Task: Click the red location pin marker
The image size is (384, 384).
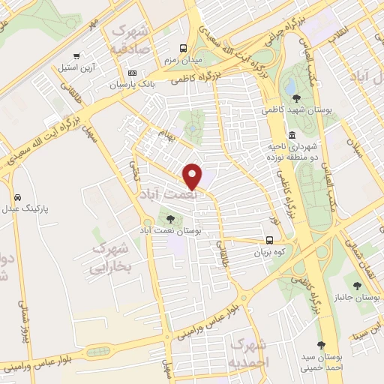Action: click(193, 176)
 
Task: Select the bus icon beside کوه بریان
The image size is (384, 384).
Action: click(269, 241)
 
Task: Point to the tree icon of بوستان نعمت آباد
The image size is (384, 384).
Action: click(170, 219)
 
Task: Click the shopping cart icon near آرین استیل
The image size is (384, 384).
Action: click(76, 56)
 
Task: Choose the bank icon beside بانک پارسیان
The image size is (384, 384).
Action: click(133, 73)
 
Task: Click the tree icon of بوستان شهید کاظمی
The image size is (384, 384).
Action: click(297, 97)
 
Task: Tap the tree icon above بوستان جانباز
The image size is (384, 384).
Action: click(369, 283)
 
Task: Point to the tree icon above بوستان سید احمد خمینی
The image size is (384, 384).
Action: click(321, 345)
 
